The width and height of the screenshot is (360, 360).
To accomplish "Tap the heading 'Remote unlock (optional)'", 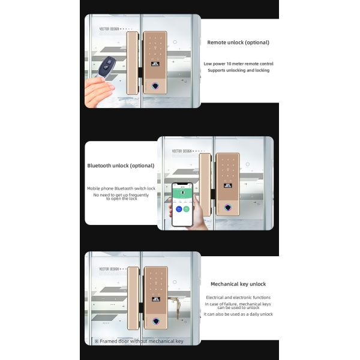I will tap(238, 43).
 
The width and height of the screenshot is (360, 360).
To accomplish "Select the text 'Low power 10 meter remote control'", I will tap(238, 63).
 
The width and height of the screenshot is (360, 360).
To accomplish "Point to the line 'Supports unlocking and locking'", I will tap(238, 70).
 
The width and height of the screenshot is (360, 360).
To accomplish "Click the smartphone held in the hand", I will tap(184, 203).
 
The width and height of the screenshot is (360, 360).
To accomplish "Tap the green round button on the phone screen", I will tap(187, 209).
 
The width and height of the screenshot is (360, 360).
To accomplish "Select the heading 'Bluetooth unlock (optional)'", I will tap(121, 166).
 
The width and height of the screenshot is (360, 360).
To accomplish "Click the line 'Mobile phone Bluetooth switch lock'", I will tap(121, 188).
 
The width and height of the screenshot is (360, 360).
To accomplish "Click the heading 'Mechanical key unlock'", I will tap(238, 284).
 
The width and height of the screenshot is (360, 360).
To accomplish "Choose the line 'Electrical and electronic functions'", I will tap(238, 298).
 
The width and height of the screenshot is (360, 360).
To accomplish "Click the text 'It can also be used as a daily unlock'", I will tap(238, 314).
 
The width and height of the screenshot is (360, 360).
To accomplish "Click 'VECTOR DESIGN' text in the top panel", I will tap(109, 28).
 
